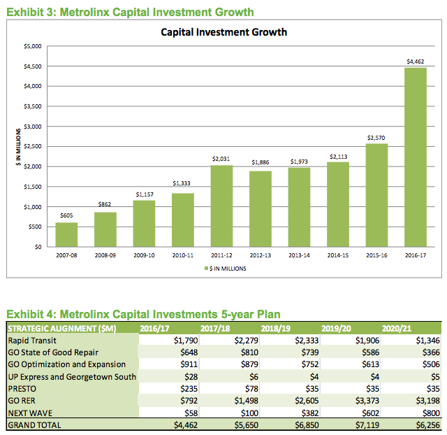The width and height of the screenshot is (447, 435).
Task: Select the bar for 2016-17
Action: click(x=415, y=157)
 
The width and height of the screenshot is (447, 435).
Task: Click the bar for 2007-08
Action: click(x=66, y=235)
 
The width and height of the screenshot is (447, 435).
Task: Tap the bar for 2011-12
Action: click(x=221, y=206)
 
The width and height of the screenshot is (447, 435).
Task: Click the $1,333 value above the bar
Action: click(x=182, y=184)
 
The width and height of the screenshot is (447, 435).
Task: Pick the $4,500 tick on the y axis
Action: click(x=33, y=66)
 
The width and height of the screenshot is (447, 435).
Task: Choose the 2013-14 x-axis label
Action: click(x=299, y=257)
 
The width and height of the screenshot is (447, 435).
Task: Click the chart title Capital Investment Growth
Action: click(x=223, y=32)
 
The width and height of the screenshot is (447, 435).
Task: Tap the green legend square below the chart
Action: click(x=207, y=268)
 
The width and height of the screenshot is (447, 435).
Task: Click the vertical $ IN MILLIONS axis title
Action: click(x=19, y=146)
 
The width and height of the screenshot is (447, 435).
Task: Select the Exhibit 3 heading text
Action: click(x=129, y=13)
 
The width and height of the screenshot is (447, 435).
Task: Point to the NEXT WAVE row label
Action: click(x=29, y=413)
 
